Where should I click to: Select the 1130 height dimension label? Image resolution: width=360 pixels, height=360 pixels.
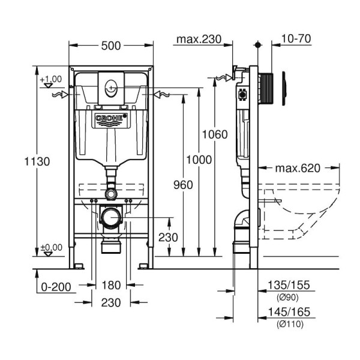click(x=37, y=161)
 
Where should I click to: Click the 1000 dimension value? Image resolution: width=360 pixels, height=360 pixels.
click(x=199, y=159)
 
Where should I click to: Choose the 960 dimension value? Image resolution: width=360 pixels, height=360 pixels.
click(x=181, y=185)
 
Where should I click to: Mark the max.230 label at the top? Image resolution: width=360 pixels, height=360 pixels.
click(x=198, y=40)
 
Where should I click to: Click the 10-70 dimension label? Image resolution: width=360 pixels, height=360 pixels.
click(x=295, y=40)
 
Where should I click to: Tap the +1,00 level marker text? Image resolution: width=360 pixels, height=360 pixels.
click(x=51, y=79)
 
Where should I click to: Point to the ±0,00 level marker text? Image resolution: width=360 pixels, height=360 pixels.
click(x=51, y=247)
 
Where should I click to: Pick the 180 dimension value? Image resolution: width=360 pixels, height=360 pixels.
click(x=111, y=285)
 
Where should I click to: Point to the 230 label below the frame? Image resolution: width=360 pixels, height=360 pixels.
click(x=111, y=302)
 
